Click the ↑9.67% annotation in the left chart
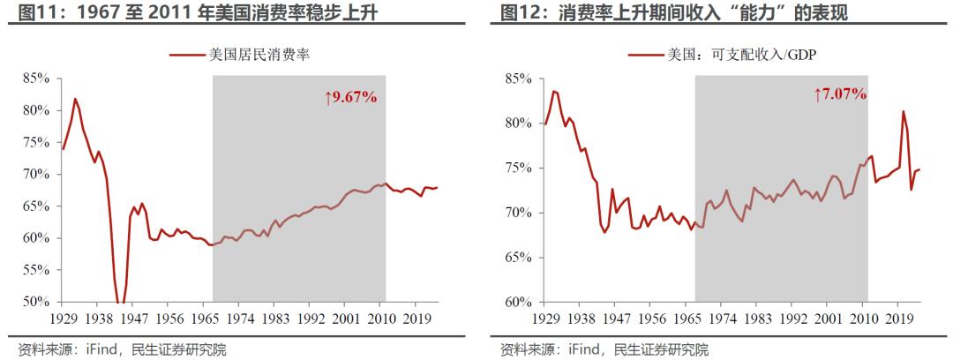tap(351, 97)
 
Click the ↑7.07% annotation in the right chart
tap(839, 94)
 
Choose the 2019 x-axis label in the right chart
tap(899, 317)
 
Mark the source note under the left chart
tap(122, 349)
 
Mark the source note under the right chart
tap(604, 349)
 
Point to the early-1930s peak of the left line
tap(75, 99)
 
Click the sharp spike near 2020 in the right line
tap(903, 111)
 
